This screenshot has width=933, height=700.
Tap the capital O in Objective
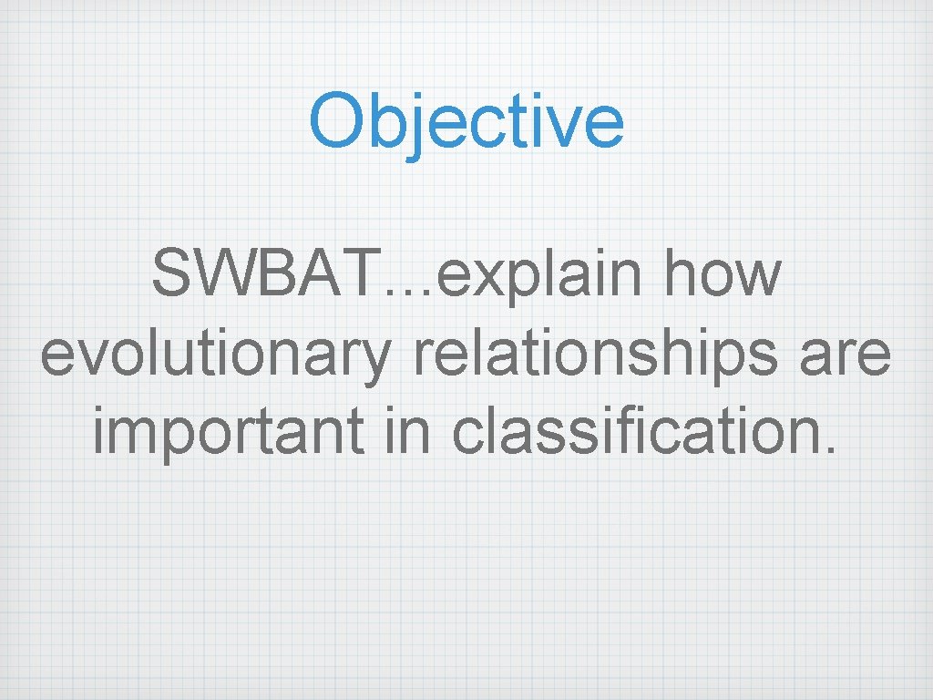point(336,121)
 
